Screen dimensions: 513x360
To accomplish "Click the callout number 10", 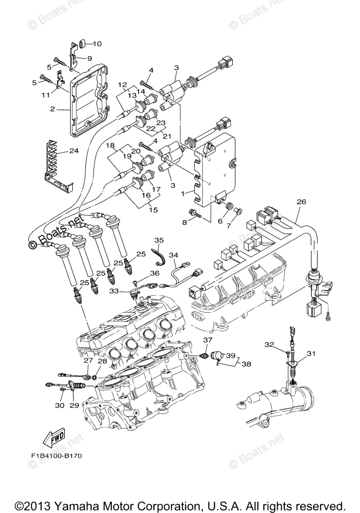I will coord(97,44).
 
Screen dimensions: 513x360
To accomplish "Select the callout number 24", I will coord(74,150).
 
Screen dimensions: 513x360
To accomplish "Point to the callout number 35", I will coord(159,240).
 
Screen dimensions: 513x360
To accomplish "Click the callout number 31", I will coord(310,353).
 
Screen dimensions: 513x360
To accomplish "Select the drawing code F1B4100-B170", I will coord(56,456).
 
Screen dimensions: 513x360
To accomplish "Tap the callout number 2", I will coord(52,109).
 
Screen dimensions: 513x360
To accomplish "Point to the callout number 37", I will coord(207,340).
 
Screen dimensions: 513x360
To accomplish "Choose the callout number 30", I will coord(59,405).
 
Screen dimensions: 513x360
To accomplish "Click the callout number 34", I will coord(173,255).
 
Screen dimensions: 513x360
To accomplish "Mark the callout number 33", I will coord(125,291).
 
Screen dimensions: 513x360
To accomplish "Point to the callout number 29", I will coord(74,405).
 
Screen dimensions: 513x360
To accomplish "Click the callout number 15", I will coord(153,210).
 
